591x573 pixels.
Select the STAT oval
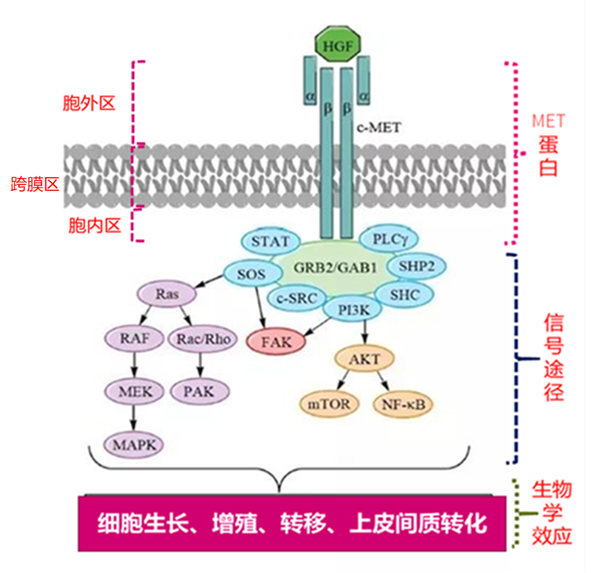tap(270, 242)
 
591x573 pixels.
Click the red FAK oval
tap(277, 342)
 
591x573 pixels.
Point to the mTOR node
tap(329, 404)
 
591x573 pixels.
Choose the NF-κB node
tap(403, 404)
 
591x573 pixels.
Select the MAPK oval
tap(135, 445)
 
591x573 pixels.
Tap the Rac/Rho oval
tap(203, 339)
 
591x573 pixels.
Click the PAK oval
tap(200, 391)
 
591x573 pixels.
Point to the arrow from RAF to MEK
tap(135, 365)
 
